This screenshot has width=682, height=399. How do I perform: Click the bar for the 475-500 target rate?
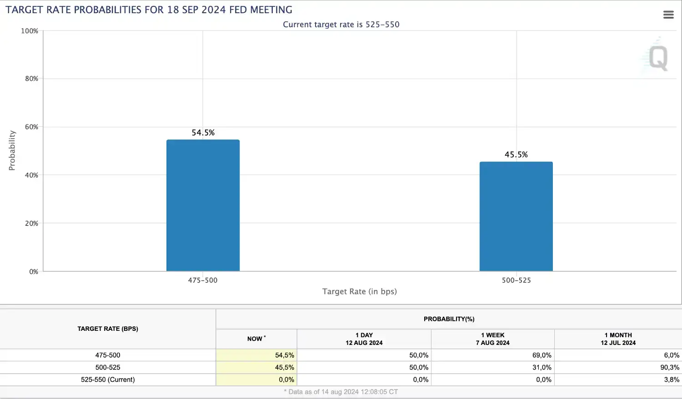point(203,205)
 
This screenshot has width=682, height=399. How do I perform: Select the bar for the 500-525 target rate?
point(516,216)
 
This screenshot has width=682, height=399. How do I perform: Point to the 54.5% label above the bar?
point(203,133)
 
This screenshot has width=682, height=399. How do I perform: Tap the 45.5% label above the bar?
point(516,155)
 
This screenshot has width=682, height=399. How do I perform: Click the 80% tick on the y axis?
point(32,79)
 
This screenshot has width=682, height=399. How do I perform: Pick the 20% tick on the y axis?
point(32,224)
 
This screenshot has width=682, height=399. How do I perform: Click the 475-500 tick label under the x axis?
point(203,280)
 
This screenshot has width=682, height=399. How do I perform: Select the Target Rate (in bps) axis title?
point(360,292)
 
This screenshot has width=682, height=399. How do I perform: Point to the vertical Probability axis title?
point(12,150)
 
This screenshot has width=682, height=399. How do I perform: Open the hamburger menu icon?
point(668,15)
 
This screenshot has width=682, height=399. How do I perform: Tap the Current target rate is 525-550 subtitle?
point(341,25)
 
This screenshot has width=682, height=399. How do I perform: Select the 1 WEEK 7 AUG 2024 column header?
point(492,339)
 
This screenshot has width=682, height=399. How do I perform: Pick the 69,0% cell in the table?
point(542,355)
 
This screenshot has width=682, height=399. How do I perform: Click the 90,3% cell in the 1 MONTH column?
point(670,367)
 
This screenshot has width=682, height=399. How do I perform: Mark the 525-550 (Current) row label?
point(108,379)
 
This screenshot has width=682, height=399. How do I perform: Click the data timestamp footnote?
point(341,392)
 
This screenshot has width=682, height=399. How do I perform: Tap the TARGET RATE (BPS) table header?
point(108,329)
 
